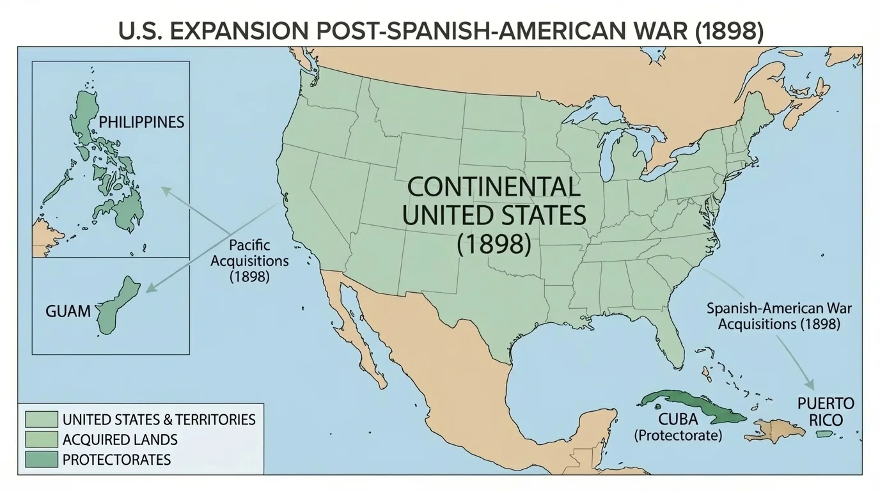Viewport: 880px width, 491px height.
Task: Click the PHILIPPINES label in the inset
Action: (x=141, y=121)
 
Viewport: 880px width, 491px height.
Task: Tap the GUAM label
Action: (x=68, y=312)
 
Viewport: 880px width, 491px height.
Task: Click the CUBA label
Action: (x=677, y=420)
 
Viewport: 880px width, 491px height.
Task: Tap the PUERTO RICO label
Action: (x=825, y=412)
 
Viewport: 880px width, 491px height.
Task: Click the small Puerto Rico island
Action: (x=824, y=434)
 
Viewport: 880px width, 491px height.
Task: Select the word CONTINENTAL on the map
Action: (x=494, y=187)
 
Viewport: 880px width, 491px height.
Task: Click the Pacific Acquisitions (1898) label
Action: (x=249, y=261)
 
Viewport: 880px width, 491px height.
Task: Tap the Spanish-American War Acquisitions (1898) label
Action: (x=778, y=316)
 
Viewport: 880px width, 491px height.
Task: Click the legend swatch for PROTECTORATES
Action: (x=42, y=459)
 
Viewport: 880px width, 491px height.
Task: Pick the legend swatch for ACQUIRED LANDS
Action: (x=42, y=439)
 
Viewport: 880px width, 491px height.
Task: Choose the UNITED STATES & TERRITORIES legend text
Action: (x=159, y=419)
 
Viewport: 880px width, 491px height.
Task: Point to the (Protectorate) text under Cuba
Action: (x=677, y=436)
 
